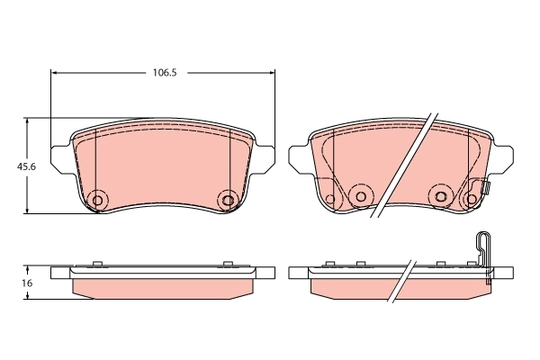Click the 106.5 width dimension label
(162, 73)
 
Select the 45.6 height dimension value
(14, 166)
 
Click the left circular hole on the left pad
(98, 199)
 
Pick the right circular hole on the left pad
(228, 199)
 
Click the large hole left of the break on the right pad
(361, 195)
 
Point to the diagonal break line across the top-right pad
(405, 162)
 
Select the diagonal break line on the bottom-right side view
(403, 282)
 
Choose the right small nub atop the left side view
(228, 264)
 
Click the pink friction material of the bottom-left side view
(162, 288)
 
